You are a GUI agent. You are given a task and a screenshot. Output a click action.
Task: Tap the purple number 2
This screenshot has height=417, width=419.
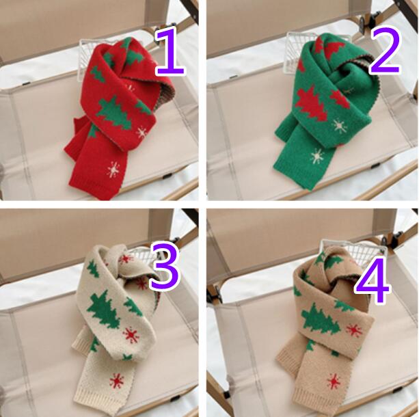[x=385, y=51]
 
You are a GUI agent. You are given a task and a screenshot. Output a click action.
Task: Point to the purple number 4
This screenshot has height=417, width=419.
[x=373, y=281]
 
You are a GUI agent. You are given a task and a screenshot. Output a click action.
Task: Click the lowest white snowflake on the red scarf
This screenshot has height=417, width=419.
[x=114, y=170]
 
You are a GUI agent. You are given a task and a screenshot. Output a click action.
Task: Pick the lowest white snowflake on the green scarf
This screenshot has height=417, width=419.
[x=317, y=156]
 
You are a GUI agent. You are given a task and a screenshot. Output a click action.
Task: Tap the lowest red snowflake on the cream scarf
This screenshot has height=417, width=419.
[x=116, y=380]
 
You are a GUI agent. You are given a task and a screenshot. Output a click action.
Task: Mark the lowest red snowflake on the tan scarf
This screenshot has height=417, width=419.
[x=334, y=381]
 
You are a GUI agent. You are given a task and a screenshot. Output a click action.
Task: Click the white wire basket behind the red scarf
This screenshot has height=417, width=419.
[x=88, y=57]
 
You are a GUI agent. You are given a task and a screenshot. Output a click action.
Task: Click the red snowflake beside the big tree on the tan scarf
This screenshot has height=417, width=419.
[x=354, y=331]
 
